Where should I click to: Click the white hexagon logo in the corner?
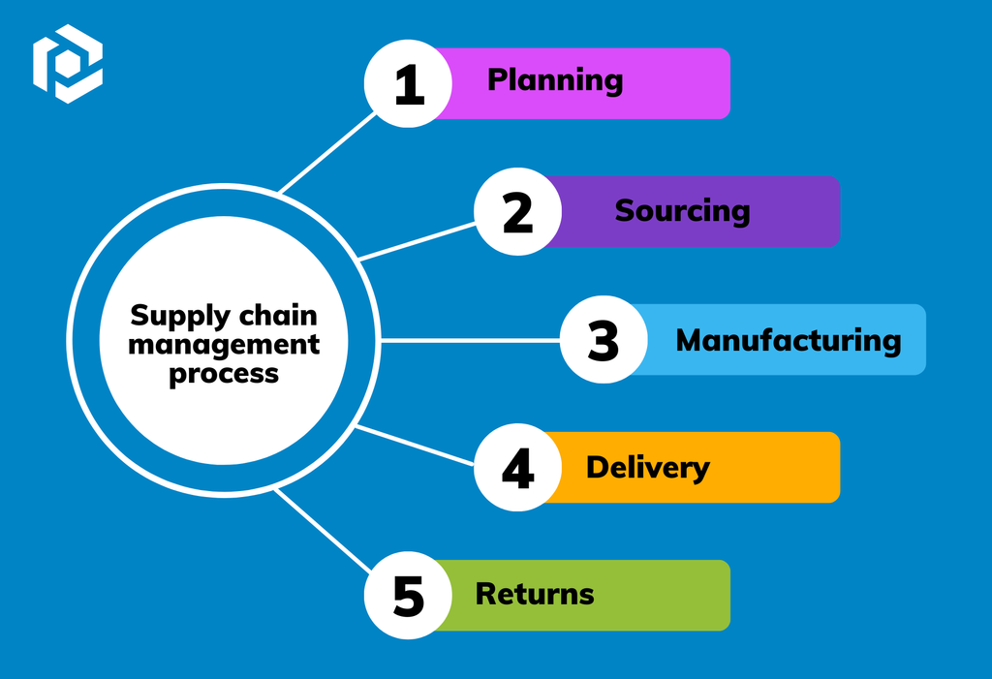coord(67,64)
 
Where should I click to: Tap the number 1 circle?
coord(408,83)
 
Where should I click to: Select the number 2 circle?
coord(517,211)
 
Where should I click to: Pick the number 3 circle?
coord(604,340)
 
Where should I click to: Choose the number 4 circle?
coord(517,468)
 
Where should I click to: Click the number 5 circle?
coord(408,595)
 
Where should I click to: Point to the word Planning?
coord(555,80)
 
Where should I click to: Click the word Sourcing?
coord(682,210)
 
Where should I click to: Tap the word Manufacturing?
coord(788,340)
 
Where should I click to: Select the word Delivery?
coord(647,467)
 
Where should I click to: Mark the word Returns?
coord(535,593)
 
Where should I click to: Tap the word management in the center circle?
coord(224,344)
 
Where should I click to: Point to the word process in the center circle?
coord(224,373)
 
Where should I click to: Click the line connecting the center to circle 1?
coord(326,153)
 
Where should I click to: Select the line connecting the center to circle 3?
coord(470,340)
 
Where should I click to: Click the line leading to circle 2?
coord(418,240)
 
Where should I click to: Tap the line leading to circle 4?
coord(415,445)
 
